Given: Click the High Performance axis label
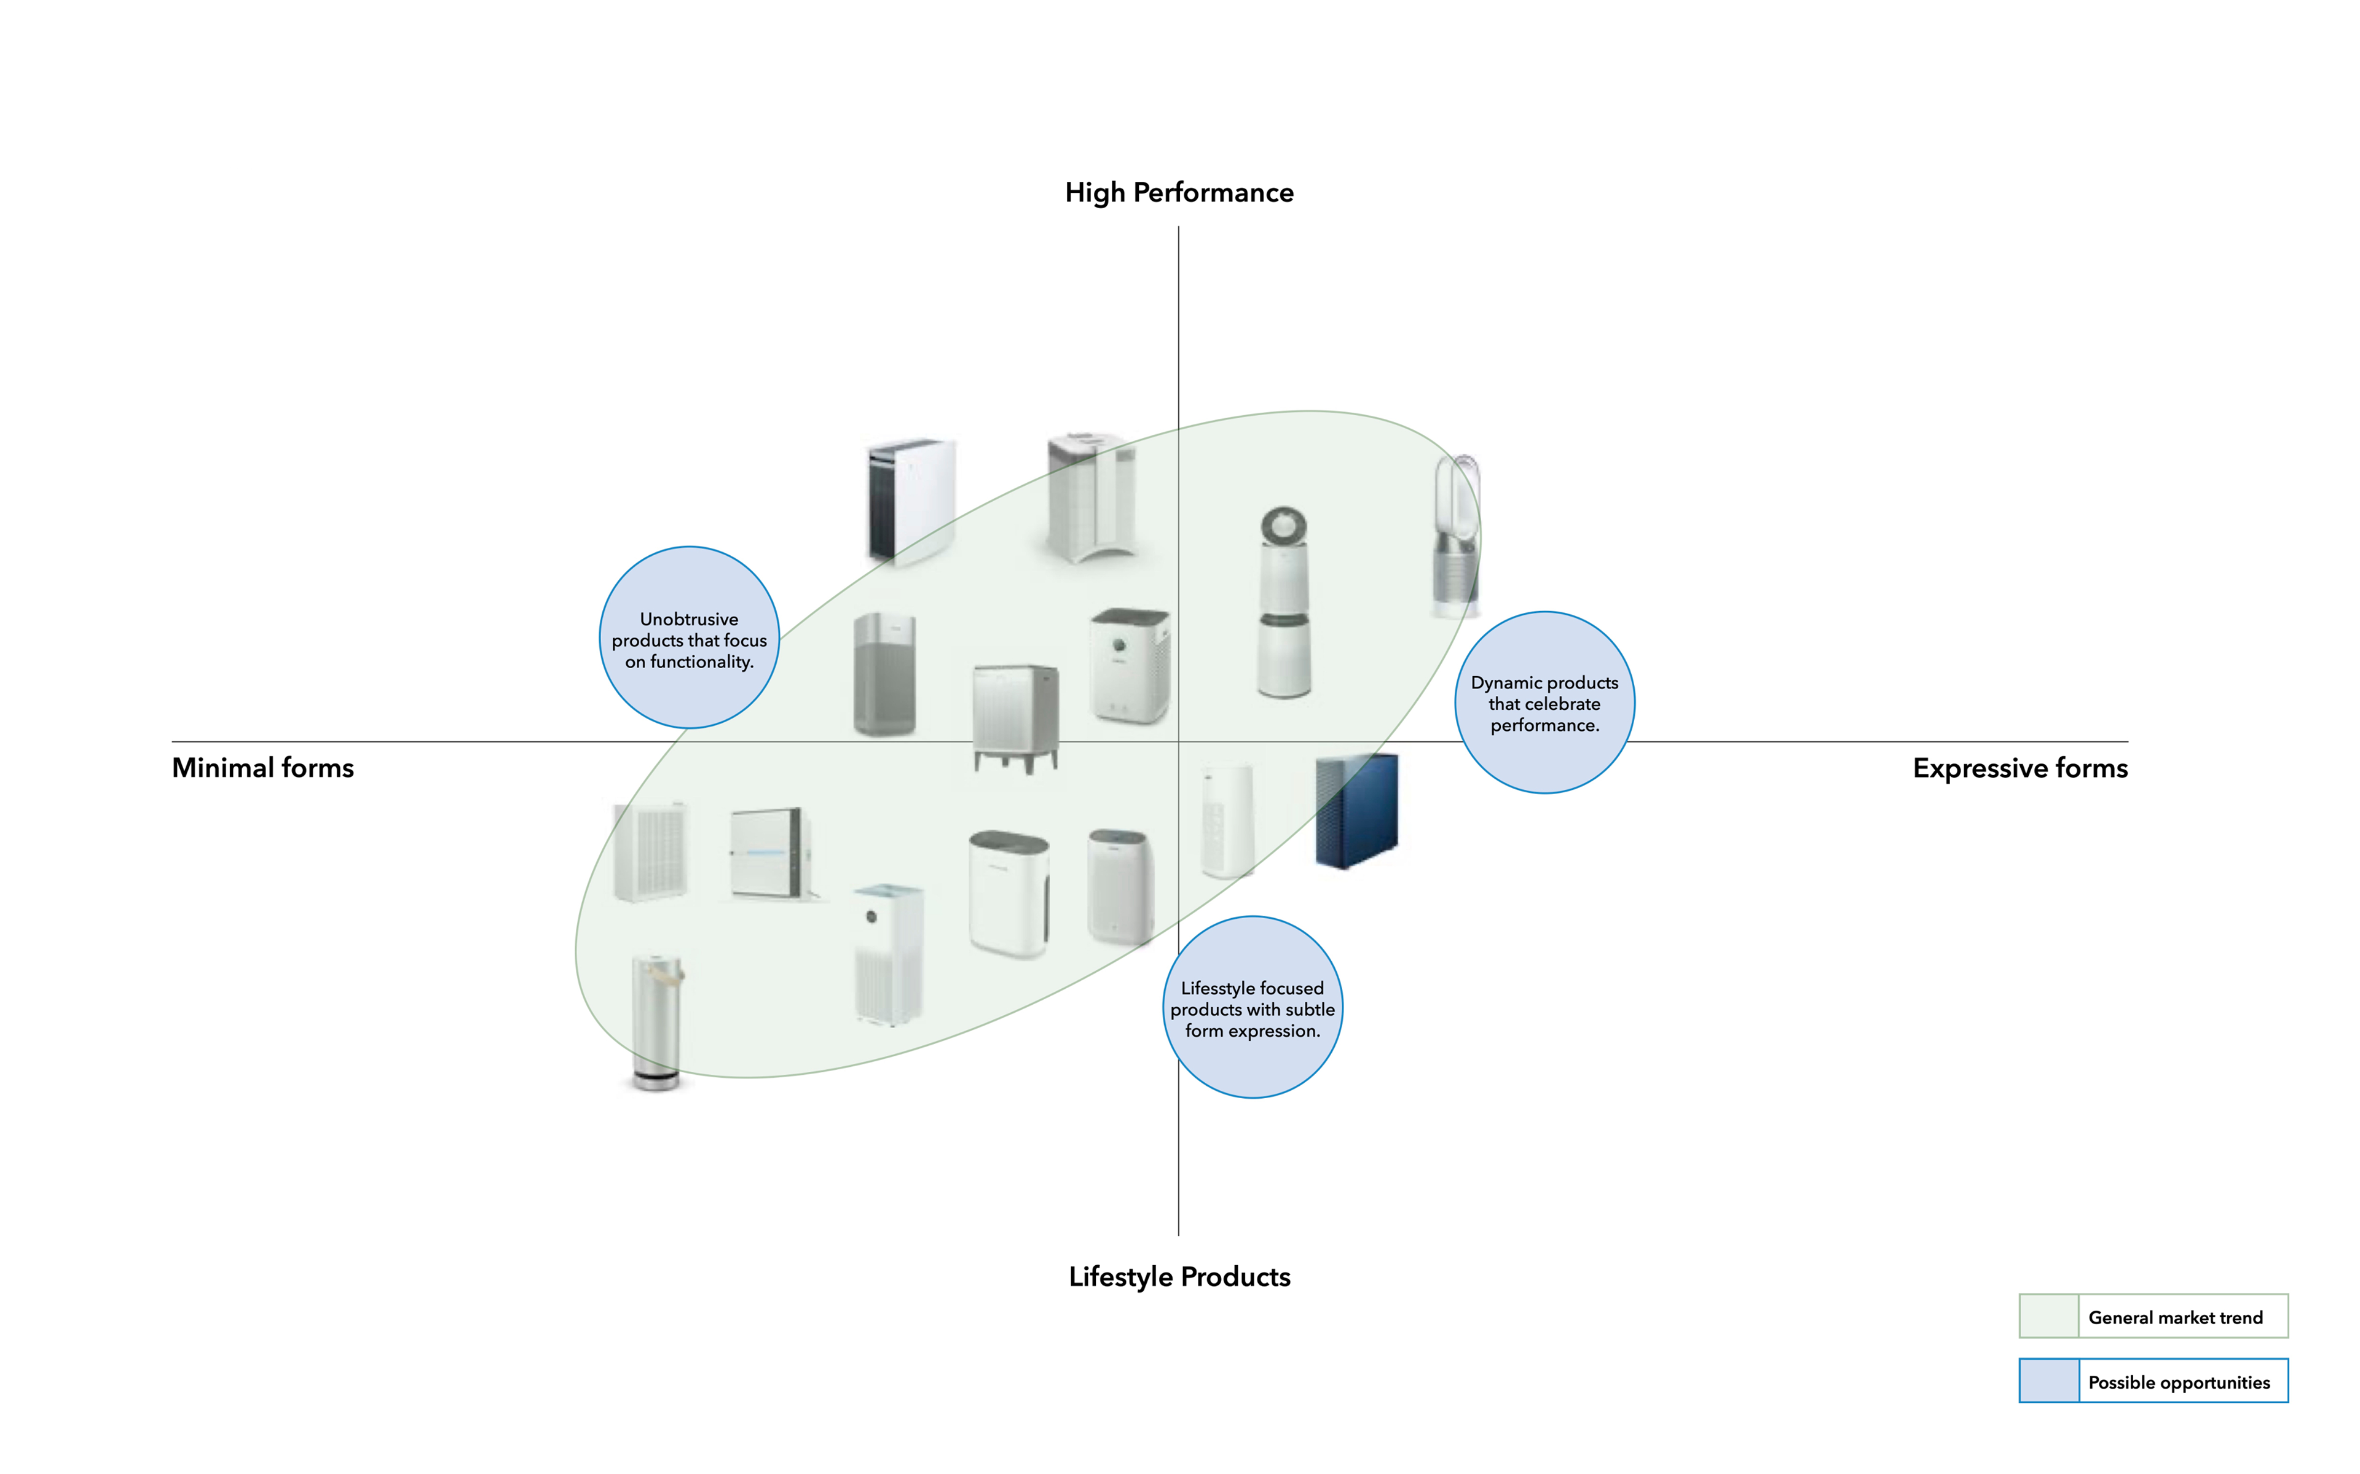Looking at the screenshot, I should (x=1179, y=193).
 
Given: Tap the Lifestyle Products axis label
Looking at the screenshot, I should (x=1179, y=1277).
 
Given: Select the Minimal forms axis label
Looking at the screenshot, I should (x=262, y=768).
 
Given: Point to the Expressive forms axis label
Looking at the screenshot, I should (x=2020, y=768).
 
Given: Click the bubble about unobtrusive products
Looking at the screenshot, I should (x=690, y=638).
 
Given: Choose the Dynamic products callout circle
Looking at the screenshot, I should (x=1544, y=703).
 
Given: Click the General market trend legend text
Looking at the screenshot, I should (x=2175, y=1318).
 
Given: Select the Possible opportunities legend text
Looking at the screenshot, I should (x=2179, y=1382).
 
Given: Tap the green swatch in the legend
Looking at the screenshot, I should (x=2048, y=1317).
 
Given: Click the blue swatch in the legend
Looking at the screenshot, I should (x=2048, y=1381).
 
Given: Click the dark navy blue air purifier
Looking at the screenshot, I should (x=1356, y=811).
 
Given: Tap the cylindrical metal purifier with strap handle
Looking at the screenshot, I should (x=656, y=1021).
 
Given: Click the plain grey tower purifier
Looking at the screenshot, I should (x=884, y=674).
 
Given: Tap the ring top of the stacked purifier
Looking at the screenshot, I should (x=1283, y=526).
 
